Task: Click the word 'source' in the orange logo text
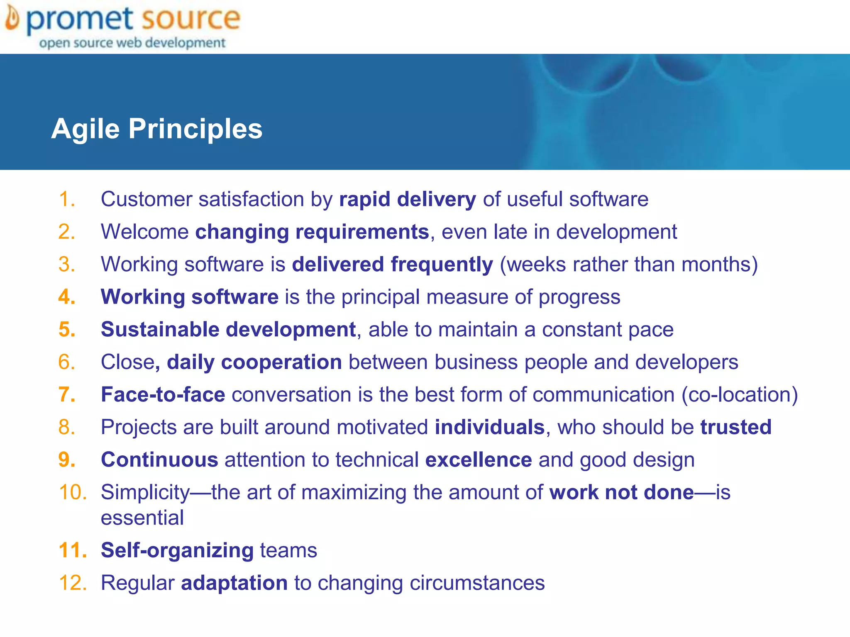[x=191, y=18]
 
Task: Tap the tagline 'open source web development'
[x=132, y=43]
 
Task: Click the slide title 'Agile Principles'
[x=156, y=129]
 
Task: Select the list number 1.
[x=67, y=199]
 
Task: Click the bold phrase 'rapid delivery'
[x=408, y=199]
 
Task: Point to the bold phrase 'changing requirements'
[x=312, y=232]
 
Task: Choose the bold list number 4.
[x=67, y=297]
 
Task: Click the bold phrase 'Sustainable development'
[x=228, y=330]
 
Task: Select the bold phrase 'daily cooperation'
[x=254, y=362]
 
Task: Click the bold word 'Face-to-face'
[x=163, y=394]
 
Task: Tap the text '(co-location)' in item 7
[x=740, y=395]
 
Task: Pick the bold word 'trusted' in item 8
[x=736, y=427]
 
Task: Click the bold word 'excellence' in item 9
[x=479, y=460]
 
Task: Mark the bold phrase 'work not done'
[x=621, y=493]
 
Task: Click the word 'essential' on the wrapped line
[x=142, y=518]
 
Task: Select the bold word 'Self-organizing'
[x=177, y=550]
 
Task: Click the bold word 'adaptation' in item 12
[x=234, y=583]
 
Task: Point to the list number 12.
[x=73, y=583]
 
